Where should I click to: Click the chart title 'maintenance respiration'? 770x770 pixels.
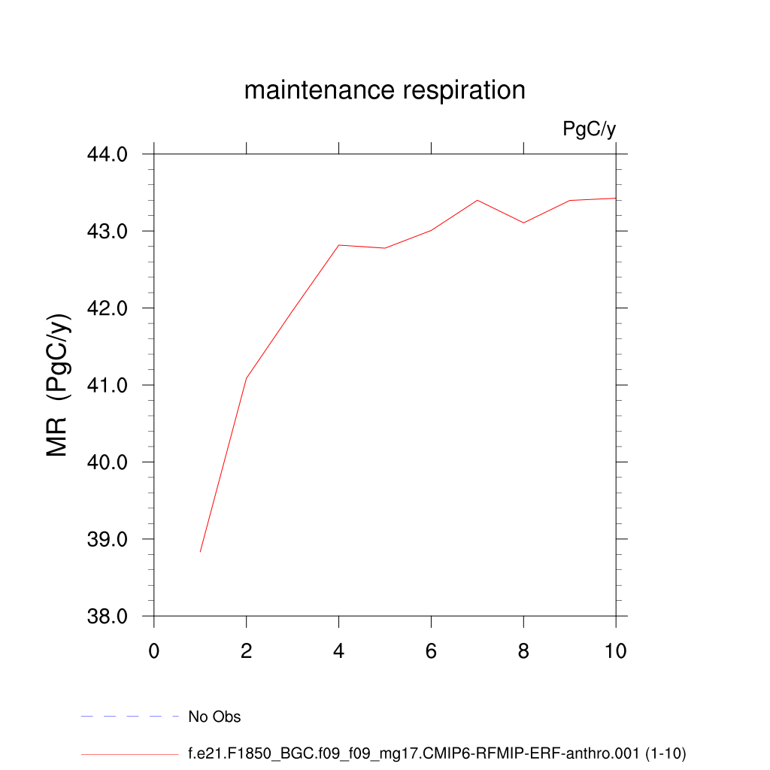(x=384, y=90)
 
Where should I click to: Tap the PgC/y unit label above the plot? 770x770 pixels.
(x=589, y=129)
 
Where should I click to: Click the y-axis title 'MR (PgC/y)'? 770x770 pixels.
(x=59, y=385)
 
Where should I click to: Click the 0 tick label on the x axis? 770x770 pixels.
(x=154, y=651)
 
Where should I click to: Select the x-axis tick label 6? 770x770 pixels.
(x=431, y=651)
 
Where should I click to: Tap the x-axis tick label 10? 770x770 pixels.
(x=615, y=651)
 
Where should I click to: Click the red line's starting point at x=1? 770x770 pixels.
(x=200, y=552)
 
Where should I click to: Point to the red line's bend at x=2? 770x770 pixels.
(x=247, y=377)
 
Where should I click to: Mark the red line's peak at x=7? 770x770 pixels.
(x=477, y=200)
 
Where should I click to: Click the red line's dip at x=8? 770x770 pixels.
(x=523, y=223)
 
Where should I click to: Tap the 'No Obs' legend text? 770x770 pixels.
(x=214, y=717)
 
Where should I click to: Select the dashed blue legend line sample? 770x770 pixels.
(x=129, y=717)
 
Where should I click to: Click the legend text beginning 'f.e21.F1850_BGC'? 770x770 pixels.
(x=437, y=753)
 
